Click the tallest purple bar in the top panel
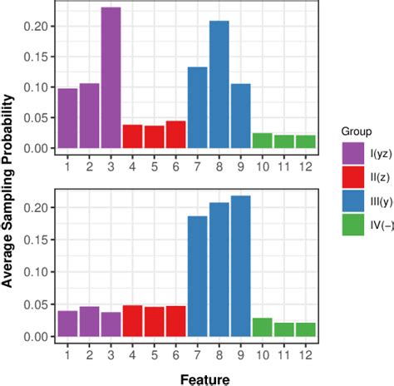point(111,78)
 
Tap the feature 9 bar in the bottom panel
point(241,266)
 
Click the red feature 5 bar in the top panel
point(155,137)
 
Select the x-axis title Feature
point(187,376)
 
